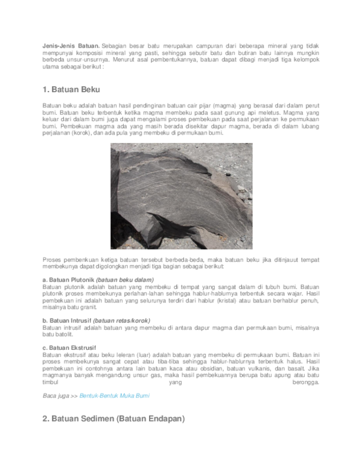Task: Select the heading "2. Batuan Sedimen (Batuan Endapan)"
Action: click(113, 418)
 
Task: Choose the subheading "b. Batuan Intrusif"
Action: click(67, 321)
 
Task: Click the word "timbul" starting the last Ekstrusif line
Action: click(50, 382)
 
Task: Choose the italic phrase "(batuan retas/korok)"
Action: click(122, 321)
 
